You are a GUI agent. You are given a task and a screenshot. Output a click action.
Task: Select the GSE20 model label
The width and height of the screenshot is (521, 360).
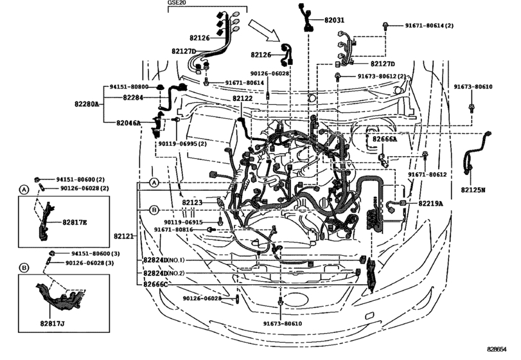(177, 4)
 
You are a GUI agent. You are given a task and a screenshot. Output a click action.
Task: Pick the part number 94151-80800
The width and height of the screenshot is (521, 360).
(128, 86)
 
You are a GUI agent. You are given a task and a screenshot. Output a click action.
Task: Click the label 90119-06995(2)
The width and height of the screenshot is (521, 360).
(182, 143)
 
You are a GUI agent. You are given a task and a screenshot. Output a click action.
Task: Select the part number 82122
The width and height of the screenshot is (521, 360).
(242, 98)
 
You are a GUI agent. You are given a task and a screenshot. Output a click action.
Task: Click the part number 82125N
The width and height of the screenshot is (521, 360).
(473, 190)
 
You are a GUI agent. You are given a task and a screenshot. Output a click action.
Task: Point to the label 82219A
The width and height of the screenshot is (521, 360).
(431, 203)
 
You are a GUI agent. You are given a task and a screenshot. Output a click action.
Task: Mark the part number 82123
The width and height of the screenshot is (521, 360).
(192, 203)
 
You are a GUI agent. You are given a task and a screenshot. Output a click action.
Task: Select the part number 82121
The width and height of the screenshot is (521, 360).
(123, 237)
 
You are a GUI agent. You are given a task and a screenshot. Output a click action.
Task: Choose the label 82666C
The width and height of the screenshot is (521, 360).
(155, 283)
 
